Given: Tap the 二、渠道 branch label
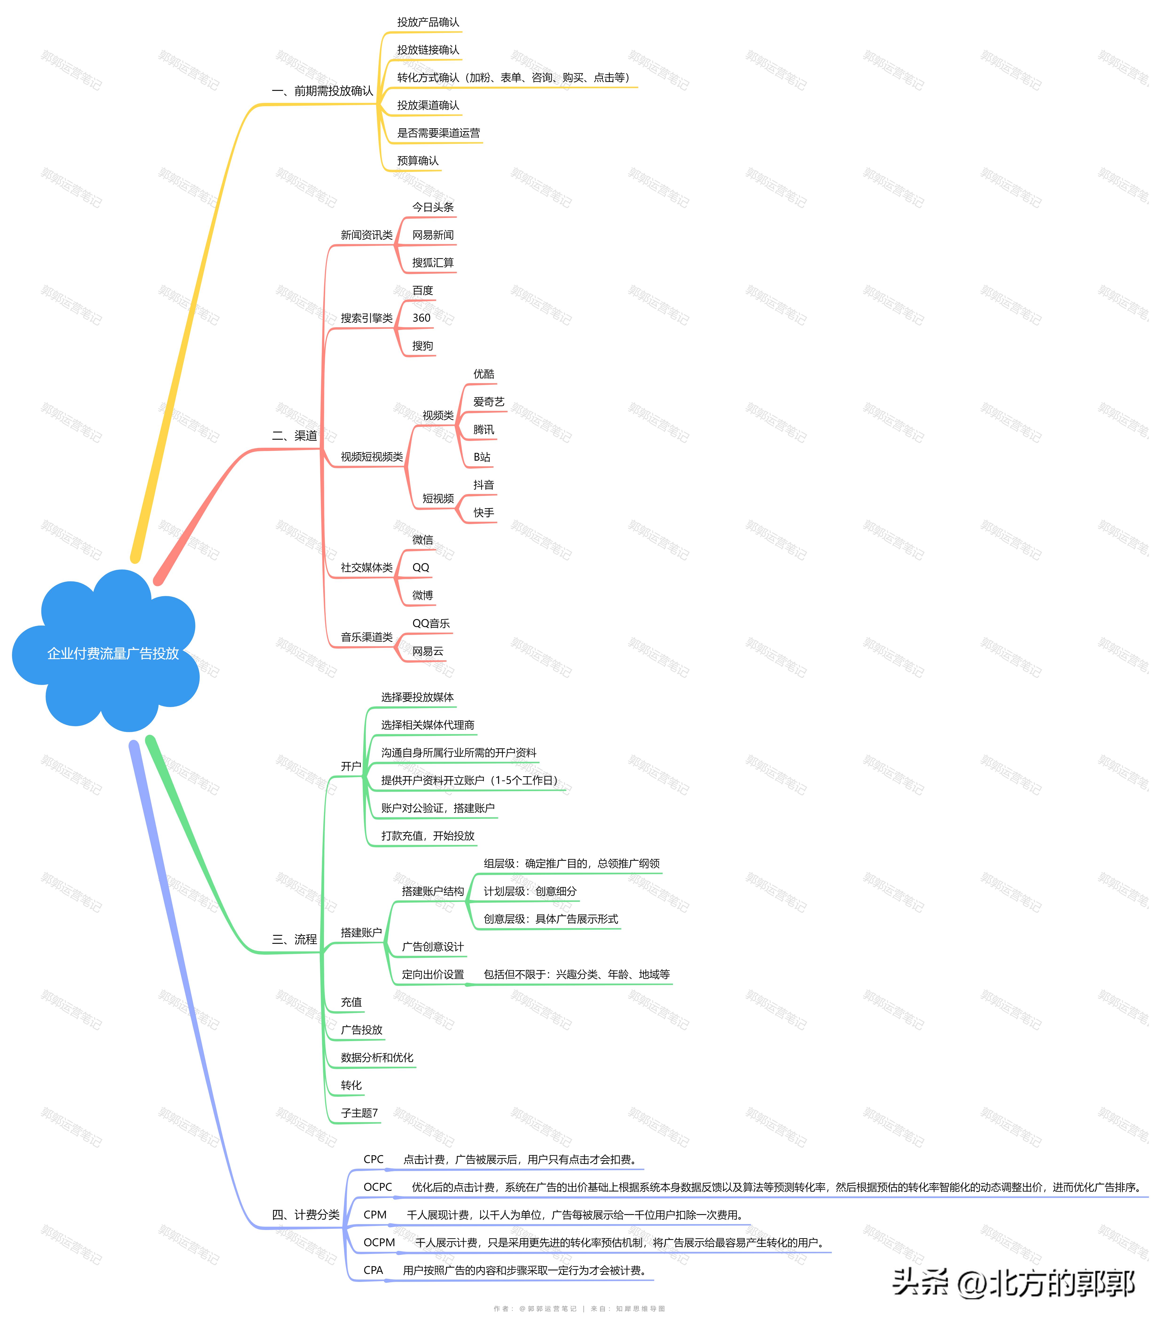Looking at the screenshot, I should (294, 436).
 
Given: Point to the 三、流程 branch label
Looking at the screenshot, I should (294, 939).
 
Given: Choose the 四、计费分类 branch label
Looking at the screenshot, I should (305, 1215).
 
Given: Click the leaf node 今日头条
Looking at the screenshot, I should (433, 207).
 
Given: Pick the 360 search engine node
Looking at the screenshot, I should (421, 318).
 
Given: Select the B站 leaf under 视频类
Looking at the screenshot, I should (482, 457).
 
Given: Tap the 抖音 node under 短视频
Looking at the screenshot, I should (483, 485).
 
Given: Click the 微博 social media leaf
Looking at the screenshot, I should (423, 595).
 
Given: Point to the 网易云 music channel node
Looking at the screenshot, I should (428, 651).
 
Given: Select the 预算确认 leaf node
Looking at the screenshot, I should (417, 160).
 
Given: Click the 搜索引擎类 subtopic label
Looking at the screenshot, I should (366, 318).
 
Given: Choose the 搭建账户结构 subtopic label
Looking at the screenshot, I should (432, 891).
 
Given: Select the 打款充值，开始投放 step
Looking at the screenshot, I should (428, 836).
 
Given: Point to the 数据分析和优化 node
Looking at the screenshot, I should (377, 1058).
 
